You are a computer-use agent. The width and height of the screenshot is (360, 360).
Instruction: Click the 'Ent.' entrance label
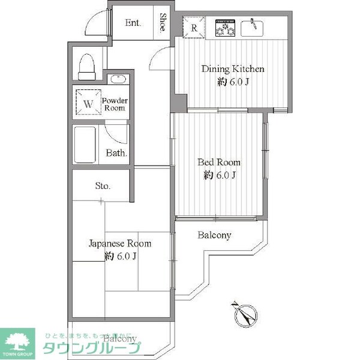[133, 23]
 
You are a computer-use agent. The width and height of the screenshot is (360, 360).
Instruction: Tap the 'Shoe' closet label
[163, 24]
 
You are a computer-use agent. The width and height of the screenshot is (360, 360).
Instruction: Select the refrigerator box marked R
[195, 27]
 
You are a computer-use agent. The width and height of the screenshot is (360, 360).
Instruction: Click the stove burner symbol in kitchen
[224, 28]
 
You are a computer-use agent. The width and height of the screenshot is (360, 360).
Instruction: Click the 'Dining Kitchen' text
[232, 69]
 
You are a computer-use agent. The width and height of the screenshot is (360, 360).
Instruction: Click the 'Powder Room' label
[113, 104]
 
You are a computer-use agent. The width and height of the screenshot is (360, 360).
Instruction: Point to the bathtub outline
[85, 144]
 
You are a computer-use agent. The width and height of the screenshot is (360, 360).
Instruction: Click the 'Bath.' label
[116, 153]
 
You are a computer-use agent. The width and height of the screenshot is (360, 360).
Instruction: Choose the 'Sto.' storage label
[103, 186]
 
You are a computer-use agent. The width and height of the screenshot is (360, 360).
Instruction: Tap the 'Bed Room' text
[220, 162]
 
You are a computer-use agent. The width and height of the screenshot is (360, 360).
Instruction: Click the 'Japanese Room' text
[120, 244]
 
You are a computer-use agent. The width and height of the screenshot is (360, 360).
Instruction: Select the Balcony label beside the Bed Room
[214, 235]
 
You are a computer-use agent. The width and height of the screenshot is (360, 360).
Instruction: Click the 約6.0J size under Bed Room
[220, 175]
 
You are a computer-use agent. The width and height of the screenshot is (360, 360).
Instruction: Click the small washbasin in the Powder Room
[118, 79]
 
